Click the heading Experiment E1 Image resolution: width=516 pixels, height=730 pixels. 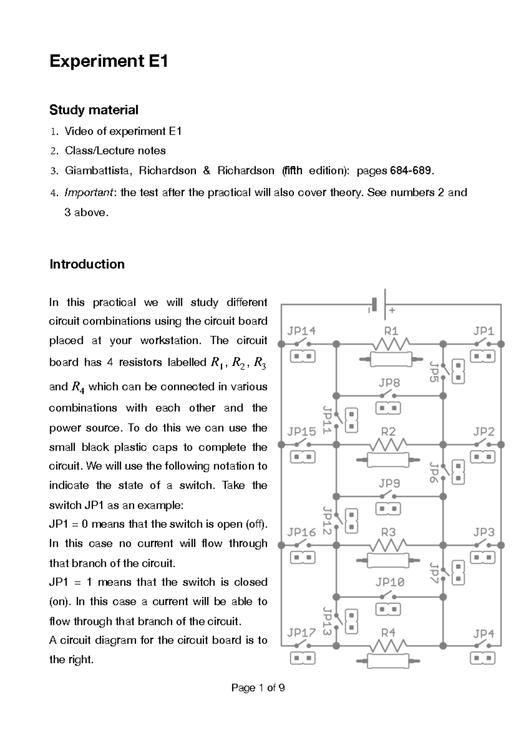pos(108,62)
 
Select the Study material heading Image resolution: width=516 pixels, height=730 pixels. pos(94,110)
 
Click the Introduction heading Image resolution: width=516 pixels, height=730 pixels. pos(87,264)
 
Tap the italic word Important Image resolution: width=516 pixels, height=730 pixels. pos(89,192)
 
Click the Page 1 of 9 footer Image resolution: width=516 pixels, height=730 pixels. pos(258,688)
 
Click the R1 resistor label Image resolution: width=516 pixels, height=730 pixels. pos(391,331)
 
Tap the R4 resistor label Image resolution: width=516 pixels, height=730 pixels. pos(388,633)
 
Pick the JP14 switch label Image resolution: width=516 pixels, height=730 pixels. pos(301,331)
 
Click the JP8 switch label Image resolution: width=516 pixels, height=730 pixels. pos(389,383)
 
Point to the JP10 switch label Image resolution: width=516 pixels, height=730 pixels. pos(390,582)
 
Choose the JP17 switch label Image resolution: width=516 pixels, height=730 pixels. pos(301,633)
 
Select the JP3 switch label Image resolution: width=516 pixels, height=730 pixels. pos(484,532)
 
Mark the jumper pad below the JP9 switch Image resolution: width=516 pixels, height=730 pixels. pos(388,509)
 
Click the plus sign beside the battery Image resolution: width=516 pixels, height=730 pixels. pos(392,310)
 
